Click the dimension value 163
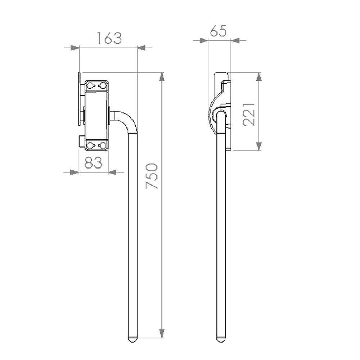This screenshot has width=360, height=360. click(109, 38)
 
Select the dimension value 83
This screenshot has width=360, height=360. click(93, 163)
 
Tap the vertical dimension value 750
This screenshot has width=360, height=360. click(152, 176)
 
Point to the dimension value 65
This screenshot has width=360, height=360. click(218, 31)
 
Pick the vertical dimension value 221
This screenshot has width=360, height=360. click(249, 114)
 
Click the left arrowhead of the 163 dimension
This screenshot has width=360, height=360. click(75, 48)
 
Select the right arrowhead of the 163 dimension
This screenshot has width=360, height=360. click(141, 48)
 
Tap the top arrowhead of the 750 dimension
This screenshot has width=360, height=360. click(162, 77)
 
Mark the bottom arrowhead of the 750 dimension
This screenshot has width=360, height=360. click(162, 333)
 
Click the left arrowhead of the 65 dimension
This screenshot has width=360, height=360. click(204, 41)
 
